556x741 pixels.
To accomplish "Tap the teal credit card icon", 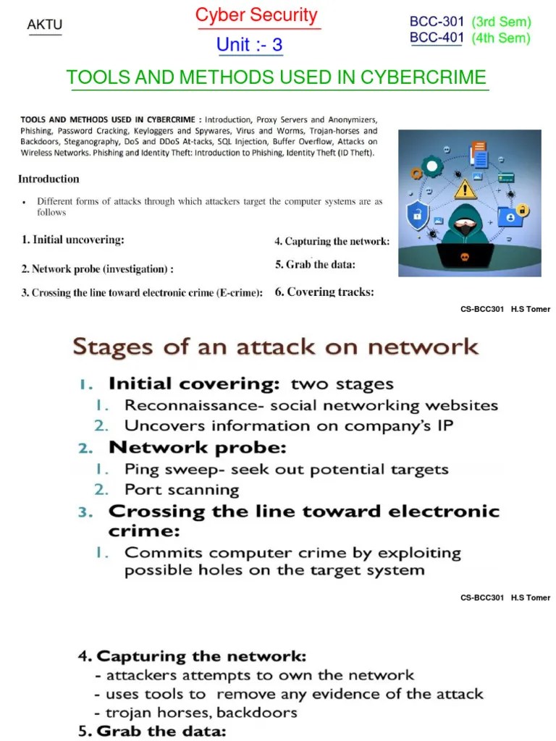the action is (507, 177).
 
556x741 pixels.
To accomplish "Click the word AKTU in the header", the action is (45, 25).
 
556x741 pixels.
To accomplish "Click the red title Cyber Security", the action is (256, 15).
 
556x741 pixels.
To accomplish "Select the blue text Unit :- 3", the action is (249, 45).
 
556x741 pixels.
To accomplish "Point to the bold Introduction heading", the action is (49, 179).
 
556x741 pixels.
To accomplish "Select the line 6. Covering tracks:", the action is (324, 292).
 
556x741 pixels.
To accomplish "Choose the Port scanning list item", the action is (181, 489).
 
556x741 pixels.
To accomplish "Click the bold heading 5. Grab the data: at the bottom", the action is (152, 731).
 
